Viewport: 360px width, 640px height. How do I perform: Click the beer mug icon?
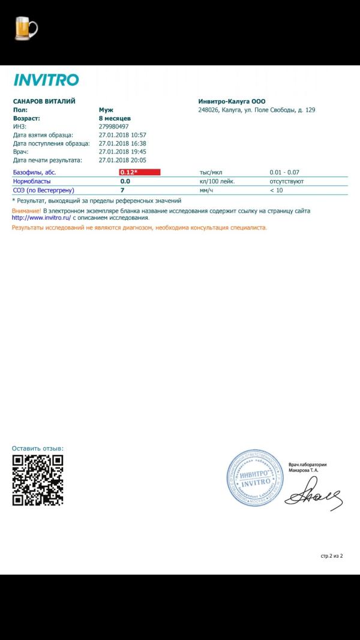click(x=26, y=28)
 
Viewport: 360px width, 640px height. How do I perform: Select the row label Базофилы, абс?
click(x=34, y=172)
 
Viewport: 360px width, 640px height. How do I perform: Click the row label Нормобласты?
click(x=32, y=181)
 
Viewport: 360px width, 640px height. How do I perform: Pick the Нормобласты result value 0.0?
click(x=125, y=181)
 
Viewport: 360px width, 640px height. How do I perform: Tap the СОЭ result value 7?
click(x=122, y=190)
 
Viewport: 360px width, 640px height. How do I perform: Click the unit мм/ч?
click(x=207, y=190)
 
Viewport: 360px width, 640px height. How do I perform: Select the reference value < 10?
click(x=276, y=190)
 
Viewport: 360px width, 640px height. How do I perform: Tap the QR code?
click(x=38, y=480)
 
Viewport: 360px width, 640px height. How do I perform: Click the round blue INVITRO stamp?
click(x=255, y=478)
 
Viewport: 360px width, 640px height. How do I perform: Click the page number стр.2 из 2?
click(x=332, y=556)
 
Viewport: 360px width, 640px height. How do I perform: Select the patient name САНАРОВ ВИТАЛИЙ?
click(x=44, y=101)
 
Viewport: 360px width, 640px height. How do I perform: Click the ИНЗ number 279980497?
click(x=113, y=127)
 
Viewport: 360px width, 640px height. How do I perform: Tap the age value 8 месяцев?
click(x=115, y=118)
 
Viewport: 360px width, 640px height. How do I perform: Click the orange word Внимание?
click(x=26, y=211)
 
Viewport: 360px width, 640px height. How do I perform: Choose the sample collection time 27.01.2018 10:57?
click(x=122, y=135)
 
